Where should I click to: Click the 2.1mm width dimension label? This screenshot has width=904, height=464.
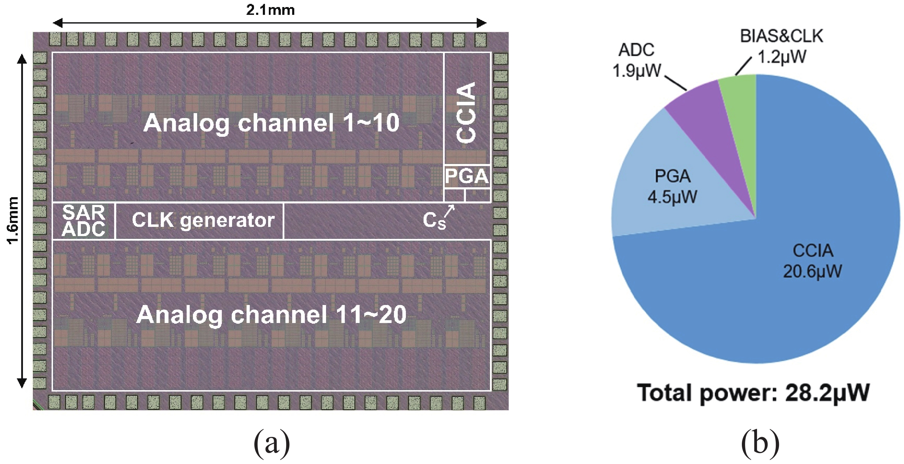[x=270, y=10]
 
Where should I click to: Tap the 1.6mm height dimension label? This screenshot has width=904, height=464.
[x=13, y=220]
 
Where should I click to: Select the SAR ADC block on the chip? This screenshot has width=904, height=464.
[x=84, y=221]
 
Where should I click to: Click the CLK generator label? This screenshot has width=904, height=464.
[x=203, y=220]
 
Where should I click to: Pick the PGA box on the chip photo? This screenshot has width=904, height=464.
[x=467, y=176]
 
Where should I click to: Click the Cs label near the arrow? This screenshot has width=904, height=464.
[x=434, y=221]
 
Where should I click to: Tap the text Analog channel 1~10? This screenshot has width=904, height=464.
[x=271, y=123]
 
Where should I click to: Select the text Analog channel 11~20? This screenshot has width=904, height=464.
[x=271, y=315]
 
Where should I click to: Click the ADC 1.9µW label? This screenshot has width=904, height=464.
[x=636, y=60]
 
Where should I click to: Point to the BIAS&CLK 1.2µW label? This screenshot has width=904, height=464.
[x=781, y=46]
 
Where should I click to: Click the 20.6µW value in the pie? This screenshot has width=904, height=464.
[x=813, y=271]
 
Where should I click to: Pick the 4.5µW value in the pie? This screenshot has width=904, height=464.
[x=672, y=196]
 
